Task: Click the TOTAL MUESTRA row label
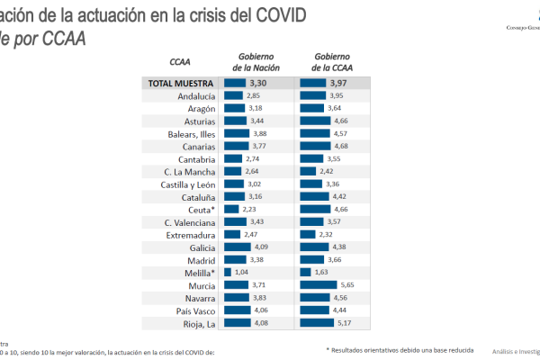coord(181,83)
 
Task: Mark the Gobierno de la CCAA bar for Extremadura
coord(311,235)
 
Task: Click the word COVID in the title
coord(277,15)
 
